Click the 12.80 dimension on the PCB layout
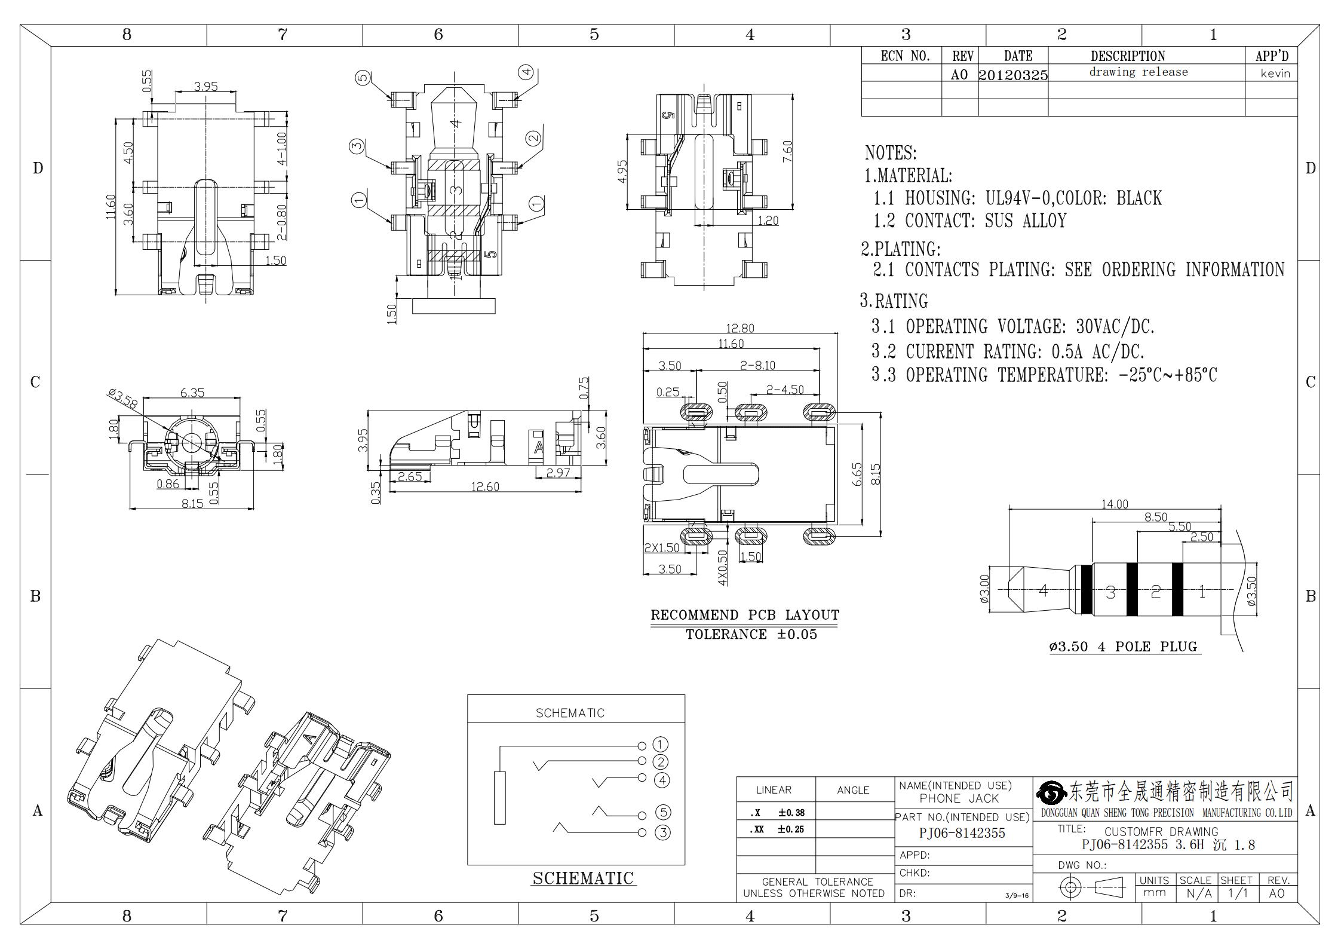(739, 328)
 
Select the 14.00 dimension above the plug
(1115, 504)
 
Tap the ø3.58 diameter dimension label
(123, 399)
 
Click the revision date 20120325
(1013, 75)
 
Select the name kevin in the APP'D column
(1275, 74)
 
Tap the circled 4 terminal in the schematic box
(661, 779)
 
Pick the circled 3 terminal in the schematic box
(662, 832)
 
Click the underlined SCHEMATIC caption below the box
(583, 878)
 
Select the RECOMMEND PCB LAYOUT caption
(745, 615)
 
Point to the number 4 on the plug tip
(1043, 590)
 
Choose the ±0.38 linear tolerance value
(791, 812)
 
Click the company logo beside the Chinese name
(1051, 793)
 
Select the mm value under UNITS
(1154, 893)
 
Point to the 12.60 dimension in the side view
(485, 486)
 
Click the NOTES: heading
(891, 153)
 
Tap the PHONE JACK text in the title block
(959, 798)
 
